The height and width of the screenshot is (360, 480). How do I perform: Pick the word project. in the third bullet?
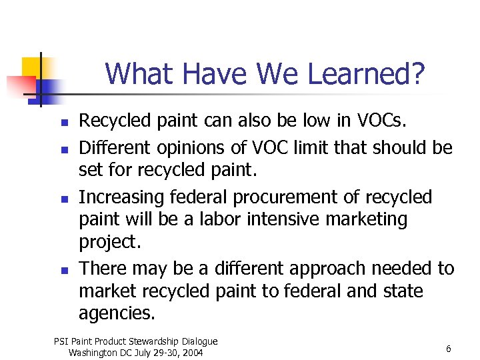(110, 241)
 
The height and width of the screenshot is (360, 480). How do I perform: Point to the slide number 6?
(449, 349)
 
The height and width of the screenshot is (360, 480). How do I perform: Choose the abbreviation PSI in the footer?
(61, 341)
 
